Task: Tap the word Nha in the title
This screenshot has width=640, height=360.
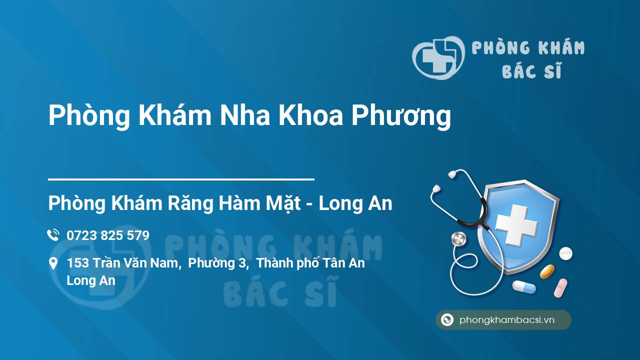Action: click(x=244, y=115)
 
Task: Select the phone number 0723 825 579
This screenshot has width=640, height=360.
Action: click(x=108, y=235)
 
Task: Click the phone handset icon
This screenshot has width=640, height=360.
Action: click(x=53, y=235)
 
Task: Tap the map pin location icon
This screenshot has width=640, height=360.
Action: click(x=53, y=263)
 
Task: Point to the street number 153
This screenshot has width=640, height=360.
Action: click(x=77, y=263)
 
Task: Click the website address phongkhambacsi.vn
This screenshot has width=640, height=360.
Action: click(x=507, y=320)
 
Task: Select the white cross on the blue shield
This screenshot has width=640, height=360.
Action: click(x=516, y=225)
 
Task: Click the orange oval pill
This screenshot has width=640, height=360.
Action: click(x=547, y=271)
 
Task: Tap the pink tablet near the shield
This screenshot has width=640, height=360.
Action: click(x=560, y=288)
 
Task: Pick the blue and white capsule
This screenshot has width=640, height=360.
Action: click(x=524, y=287)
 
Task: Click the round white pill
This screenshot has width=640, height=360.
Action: click(x=565, y=253)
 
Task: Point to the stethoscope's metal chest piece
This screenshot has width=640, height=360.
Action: click(x=458, y=239)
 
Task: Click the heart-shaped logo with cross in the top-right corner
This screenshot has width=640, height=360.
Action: click(x=438, y=57)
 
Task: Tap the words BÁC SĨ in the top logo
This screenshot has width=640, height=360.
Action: click(x=531, y=70)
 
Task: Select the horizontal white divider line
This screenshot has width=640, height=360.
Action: click(x=181, y=179)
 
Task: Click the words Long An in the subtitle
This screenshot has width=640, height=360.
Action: click(x=355, y=203)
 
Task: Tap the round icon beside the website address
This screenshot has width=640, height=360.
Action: click(x=447, y=319)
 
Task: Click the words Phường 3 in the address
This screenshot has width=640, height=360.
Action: click(x=217, y=263)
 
